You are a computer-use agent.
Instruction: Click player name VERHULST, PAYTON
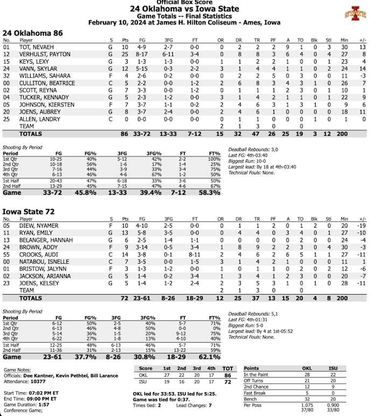[x=38, y=54]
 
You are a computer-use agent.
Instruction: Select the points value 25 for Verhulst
[x=125, y=54]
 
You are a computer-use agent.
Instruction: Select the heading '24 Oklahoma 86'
[x=32, y=33]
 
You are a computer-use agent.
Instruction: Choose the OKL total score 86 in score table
[x=228, y=374]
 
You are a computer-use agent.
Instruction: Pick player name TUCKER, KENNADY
[x=37, y=97]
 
